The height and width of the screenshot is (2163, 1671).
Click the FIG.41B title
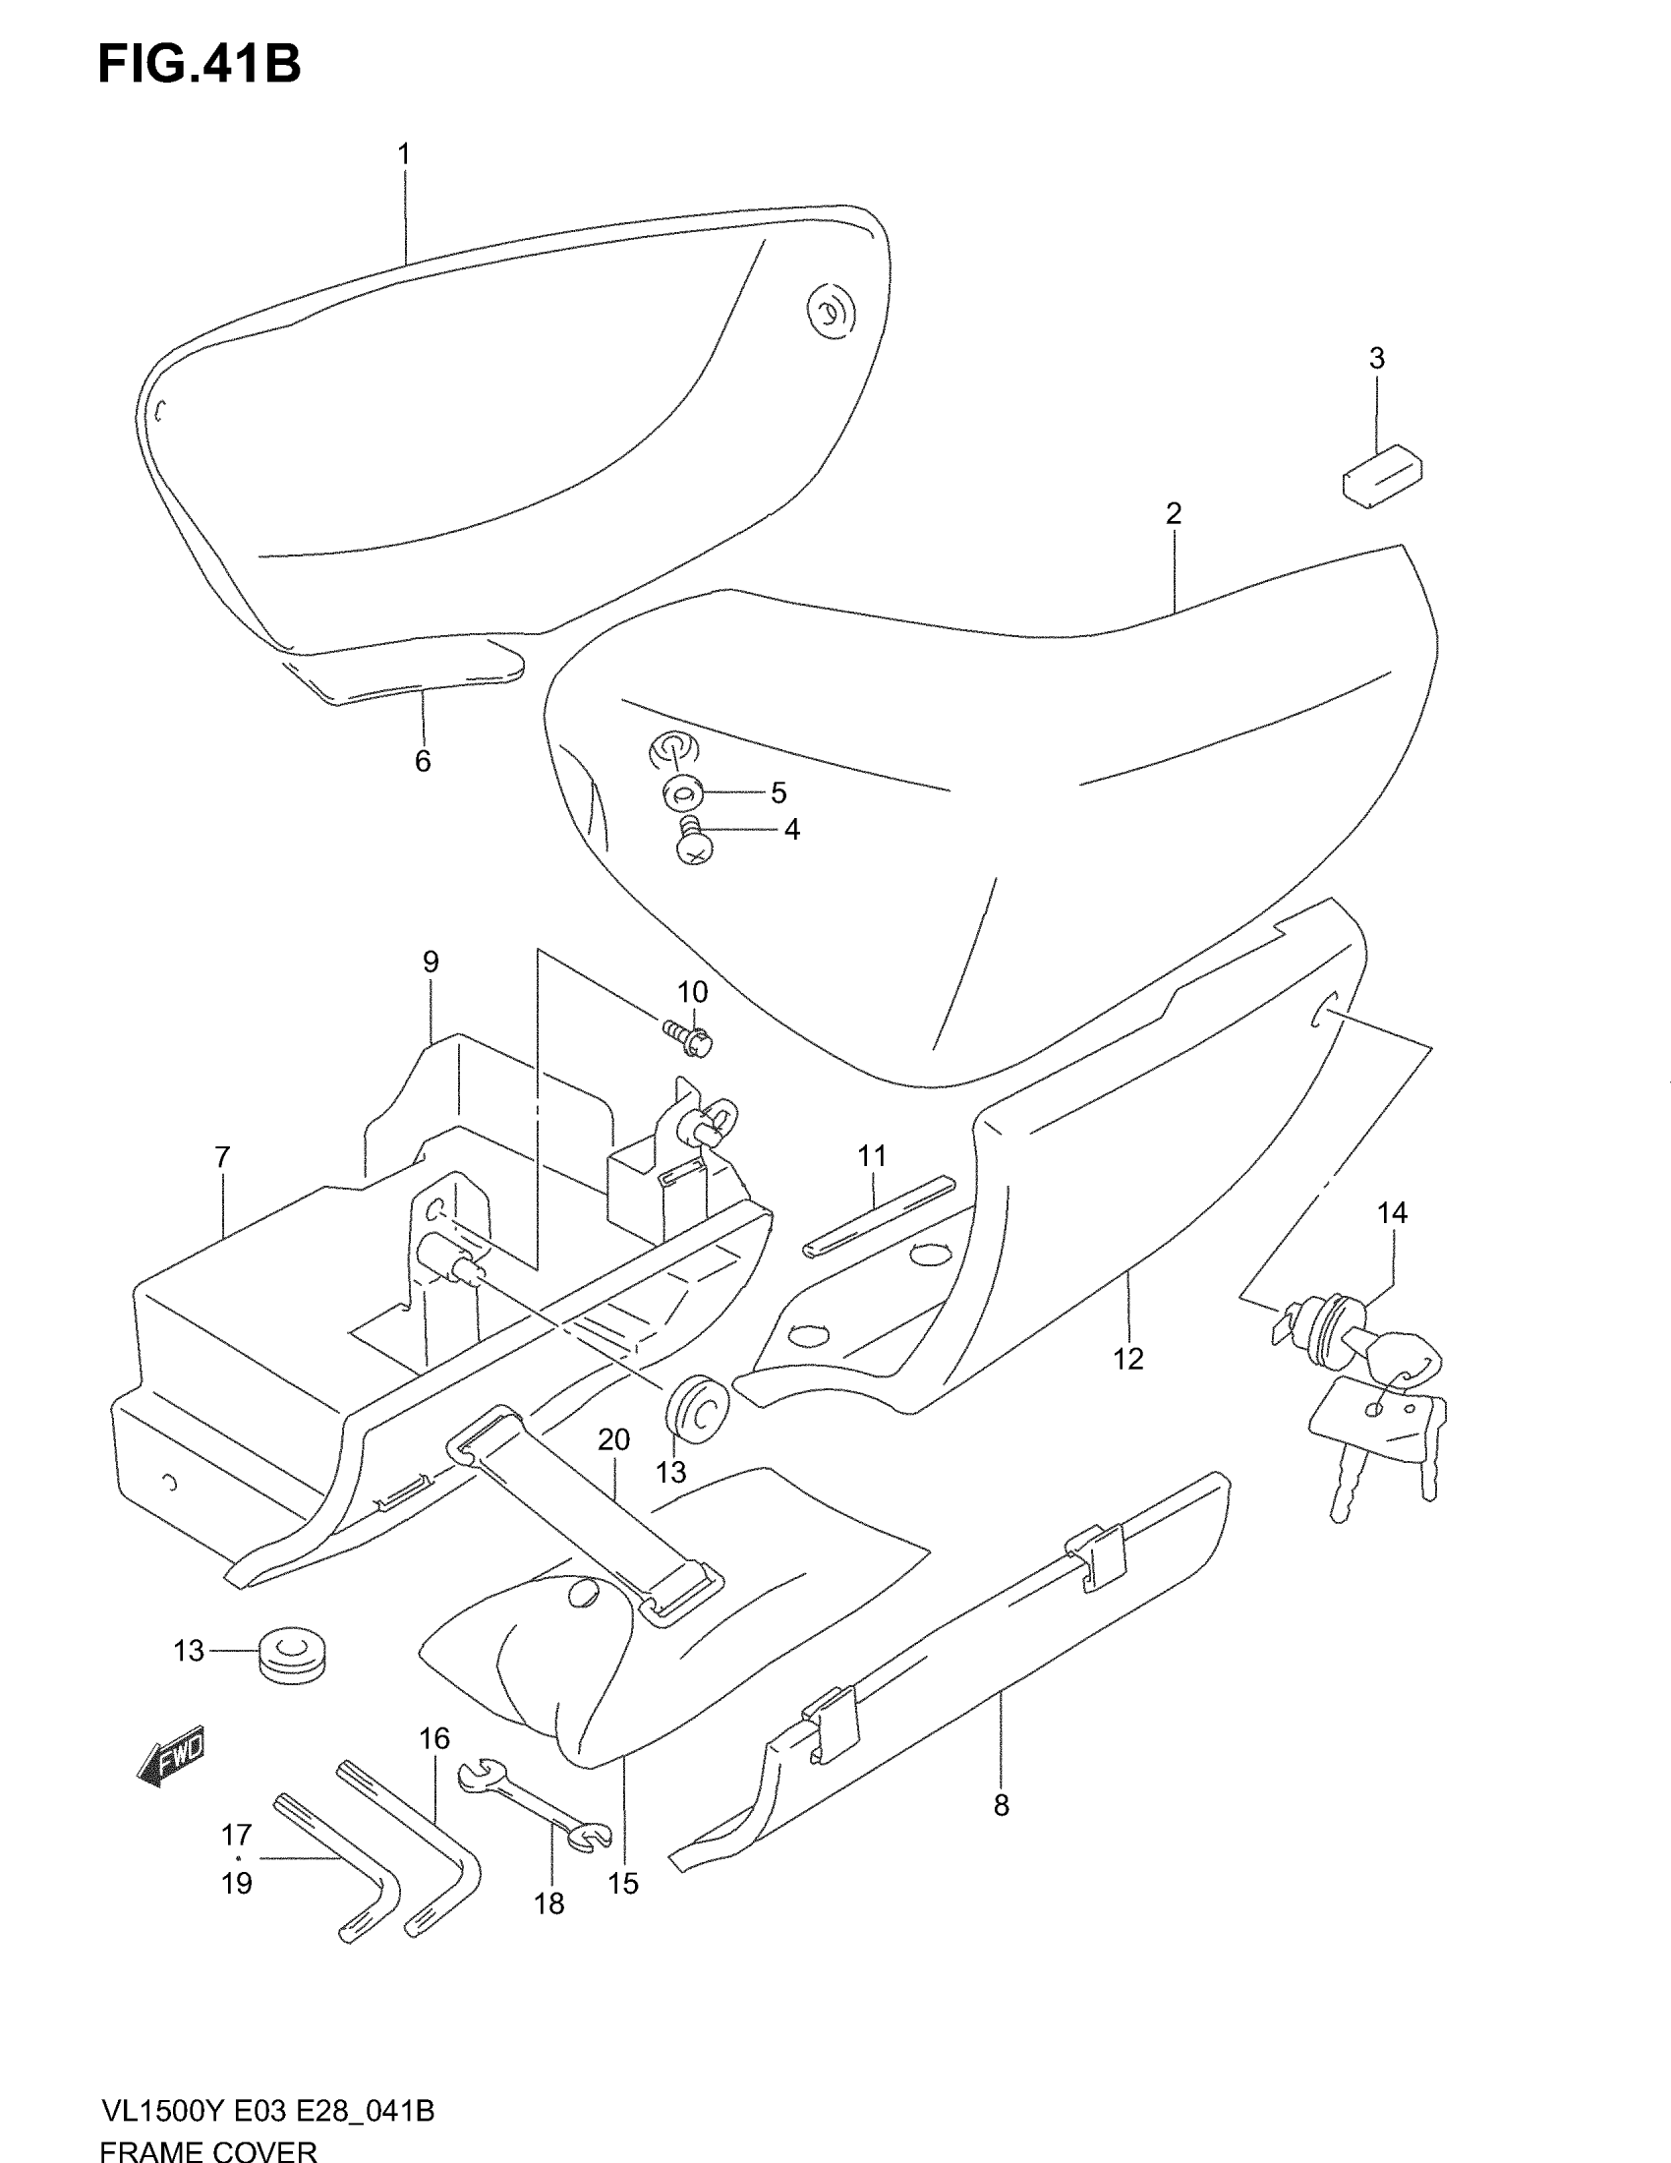click(x=199, y=64)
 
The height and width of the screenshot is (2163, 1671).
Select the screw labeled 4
click(x=694, y=840)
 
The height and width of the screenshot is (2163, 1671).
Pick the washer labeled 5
click(x=682, y=792)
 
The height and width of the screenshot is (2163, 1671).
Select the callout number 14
click(x=1392, y=1212)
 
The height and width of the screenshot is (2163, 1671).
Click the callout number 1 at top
click(x=404, y=154)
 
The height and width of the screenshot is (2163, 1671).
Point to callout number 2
click(x=1173, y=513)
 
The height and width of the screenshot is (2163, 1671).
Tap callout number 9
click(x=431, y=962)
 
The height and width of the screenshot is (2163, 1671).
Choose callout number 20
click(x=613, y=1440)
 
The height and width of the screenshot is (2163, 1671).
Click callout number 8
click(x=1001, y=1805)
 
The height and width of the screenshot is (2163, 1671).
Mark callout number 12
click(x=1127, y=1359)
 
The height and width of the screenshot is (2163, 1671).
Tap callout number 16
click(x=433, y=1738)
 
